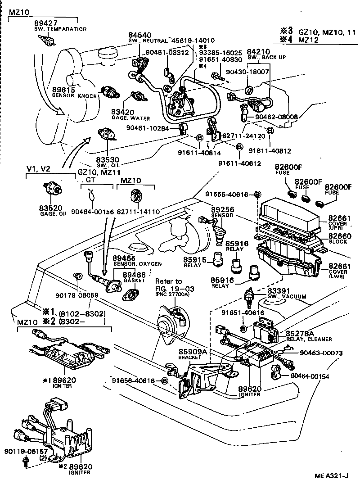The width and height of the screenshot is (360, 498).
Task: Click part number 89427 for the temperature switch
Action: [44, 23]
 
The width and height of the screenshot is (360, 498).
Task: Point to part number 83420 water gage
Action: [122, 112]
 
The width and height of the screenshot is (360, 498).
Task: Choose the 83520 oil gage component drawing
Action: [53, 189]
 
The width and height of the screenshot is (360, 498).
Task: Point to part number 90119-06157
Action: [22, 451]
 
